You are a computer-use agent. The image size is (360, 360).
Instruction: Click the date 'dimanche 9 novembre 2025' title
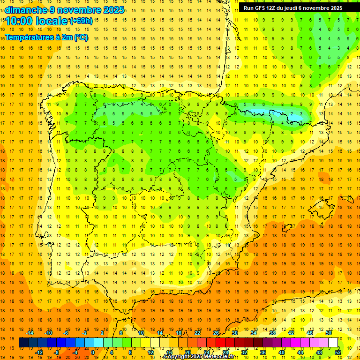tap(65, 10)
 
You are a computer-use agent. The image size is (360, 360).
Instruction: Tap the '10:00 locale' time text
tap(37, 21)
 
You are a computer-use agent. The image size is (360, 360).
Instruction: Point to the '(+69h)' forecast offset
tap(81, 21)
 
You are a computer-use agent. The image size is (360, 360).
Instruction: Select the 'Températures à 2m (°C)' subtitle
tap(46, 37)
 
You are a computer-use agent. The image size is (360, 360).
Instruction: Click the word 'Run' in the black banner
tap(248, 8)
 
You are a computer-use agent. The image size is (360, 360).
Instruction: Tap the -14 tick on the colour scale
tap(30, 333)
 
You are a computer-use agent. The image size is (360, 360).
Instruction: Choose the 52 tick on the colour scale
tap(338, 352)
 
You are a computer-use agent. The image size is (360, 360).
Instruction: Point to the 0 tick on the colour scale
tap(93, 352)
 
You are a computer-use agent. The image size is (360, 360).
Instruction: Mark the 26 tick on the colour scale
tap(216, 333)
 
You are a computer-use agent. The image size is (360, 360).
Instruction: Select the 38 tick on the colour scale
tap(272, 333)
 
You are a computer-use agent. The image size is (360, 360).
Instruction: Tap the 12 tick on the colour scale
tap(151, 352)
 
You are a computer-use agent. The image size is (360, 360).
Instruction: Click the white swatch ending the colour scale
tap(333, 343)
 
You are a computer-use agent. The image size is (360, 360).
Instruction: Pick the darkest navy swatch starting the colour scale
tap(24, 343)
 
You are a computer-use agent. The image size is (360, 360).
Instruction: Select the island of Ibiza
tap(285, 229)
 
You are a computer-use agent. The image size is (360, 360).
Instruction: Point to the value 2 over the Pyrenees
tap(292, 113)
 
